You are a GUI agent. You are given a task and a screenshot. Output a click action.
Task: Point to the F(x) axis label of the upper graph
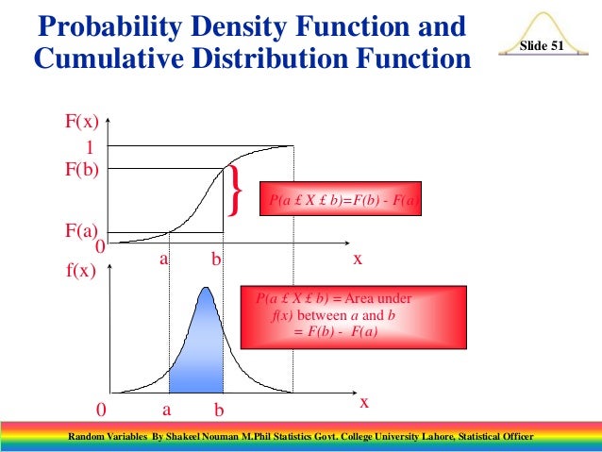[x=82, y=121]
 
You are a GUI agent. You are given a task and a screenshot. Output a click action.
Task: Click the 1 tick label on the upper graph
[x=92, y=148]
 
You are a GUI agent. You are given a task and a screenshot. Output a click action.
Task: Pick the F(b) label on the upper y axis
[x=82, y=170]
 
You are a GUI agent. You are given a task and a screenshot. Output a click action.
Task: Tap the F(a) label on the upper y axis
[x=82, y=229]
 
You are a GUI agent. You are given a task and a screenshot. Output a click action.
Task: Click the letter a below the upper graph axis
[x=163, y=257]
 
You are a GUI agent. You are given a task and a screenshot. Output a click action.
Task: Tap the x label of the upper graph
[x=358, y=257]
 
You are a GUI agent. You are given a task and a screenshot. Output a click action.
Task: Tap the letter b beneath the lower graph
[x=219, y=411]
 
